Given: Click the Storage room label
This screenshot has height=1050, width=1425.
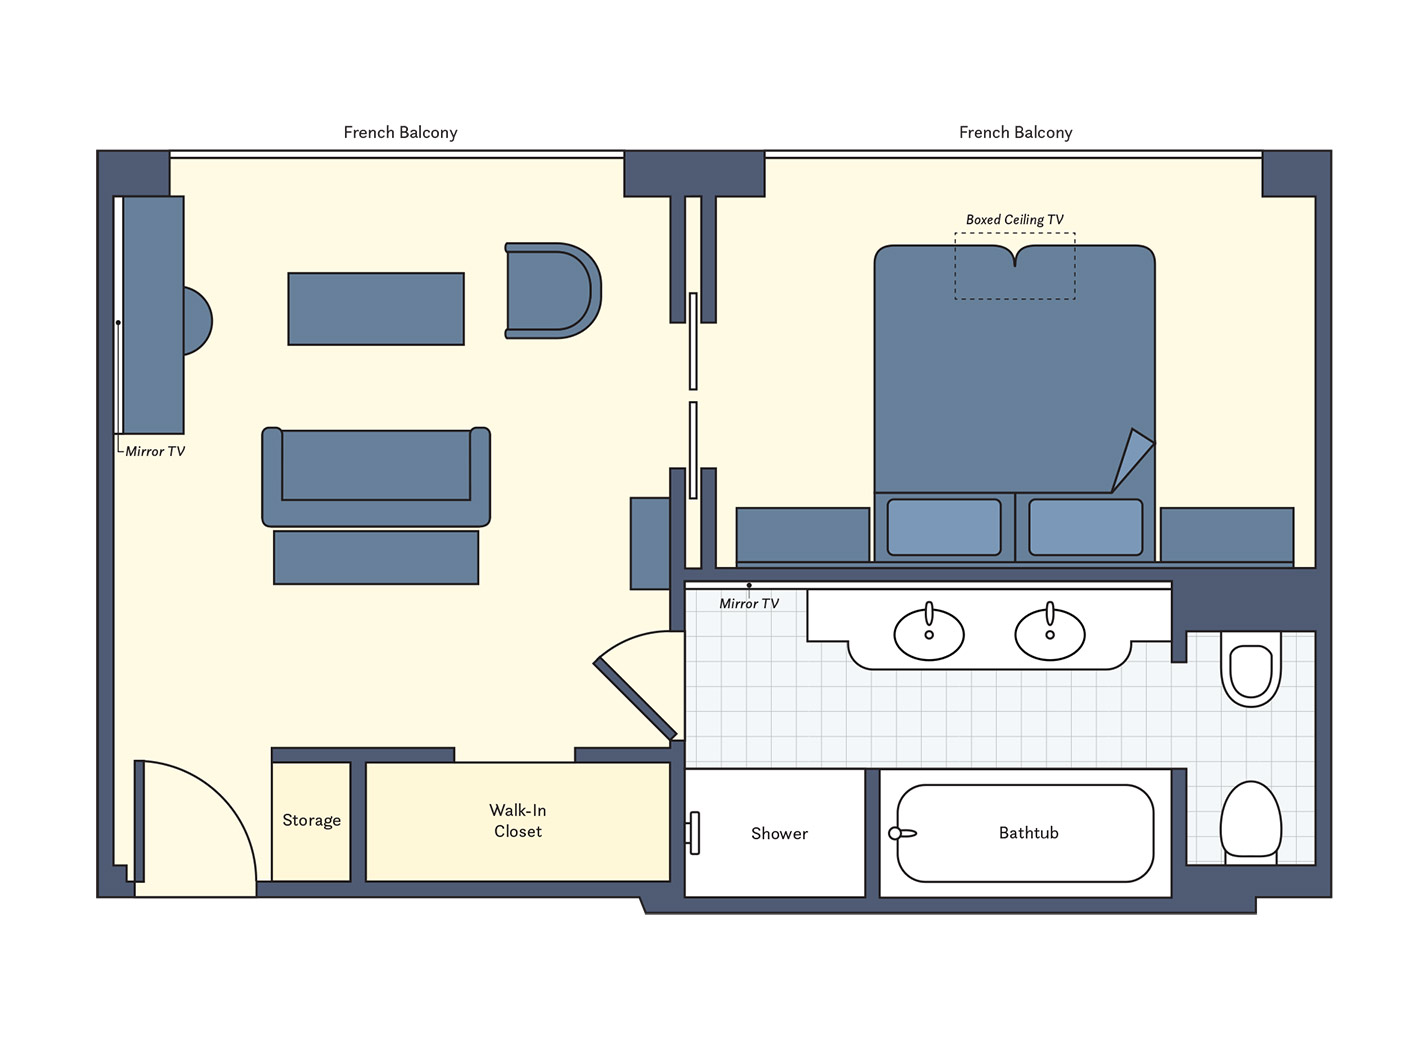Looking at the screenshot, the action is click(311, 820).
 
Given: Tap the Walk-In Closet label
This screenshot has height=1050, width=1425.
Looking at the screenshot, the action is click(518, 820).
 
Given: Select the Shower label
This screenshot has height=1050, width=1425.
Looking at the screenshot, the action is click(779, 833).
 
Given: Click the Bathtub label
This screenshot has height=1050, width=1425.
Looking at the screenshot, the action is click(1029, 832).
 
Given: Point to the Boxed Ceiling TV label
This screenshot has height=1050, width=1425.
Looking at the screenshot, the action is click(1015, 219).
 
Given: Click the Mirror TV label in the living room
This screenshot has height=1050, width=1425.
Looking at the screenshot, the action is click(155, 451).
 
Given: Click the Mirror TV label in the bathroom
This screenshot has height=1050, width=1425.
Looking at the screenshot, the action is click(749, 604).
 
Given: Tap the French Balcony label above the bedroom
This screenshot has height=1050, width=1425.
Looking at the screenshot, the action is click(1016, 132).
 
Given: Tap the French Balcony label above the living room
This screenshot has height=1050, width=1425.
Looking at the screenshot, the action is click(400, 132).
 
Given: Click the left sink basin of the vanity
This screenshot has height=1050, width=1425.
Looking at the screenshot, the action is click(929, 634).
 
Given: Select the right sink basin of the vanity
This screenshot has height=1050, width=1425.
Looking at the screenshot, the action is click(1050, 634).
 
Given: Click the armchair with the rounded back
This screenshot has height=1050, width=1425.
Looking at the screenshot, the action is click(553, 290).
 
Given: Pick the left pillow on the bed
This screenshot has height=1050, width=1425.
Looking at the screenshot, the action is click(944, 527).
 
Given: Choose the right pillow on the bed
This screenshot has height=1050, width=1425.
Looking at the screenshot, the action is click(1085, 527).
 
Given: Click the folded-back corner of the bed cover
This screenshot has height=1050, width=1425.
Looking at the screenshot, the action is click(1133, 460).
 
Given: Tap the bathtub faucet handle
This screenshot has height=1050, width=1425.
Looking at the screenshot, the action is click(902, 833).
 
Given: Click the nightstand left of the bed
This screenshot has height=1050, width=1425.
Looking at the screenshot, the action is click(803, 535).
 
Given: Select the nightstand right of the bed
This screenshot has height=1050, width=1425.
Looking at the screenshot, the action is click(1227, 535).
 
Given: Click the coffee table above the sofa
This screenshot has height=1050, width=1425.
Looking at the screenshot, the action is click(376, 309).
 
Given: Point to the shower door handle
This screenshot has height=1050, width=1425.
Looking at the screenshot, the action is click(694, 833).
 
